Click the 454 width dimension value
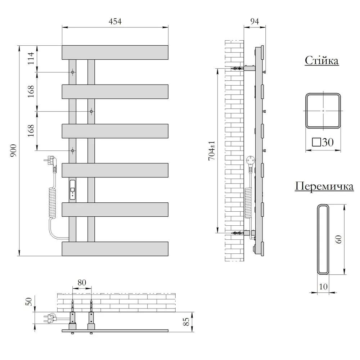pos(115,21)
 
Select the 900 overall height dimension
pos(13,150)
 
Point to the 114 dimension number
pos(31,58)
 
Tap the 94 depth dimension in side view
pos(255,21)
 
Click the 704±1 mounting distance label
pos(212,150)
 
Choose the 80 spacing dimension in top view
pos(82,282)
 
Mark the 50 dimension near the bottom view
pos(28,302)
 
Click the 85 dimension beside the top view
pos(186,321)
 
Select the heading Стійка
pos(321,60)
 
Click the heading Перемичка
pos(324,186)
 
